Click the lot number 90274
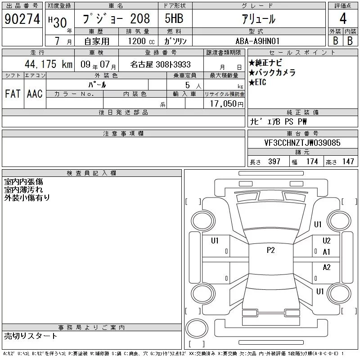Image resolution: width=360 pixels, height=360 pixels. click(22, 19)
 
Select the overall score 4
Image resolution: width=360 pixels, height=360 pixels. click(343, 18)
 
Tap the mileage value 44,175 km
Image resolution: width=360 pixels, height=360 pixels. click(49, 64)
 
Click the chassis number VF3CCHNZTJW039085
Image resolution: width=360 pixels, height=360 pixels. click(302, 143)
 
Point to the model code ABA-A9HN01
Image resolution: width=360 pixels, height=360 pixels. click(257, 41)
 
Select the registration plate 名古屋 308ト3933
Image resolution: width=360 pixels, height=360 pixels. click(160, 64)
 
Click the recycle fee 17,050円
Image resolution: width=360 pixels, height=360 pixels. click(226, 104)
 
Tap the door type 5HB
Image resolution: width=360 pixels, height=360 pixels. click(174, 18)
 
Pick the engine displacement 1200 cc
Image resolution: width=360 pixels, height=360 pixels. click(141, 41)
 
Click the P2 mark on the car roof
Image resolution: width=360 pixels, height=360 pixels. click(271, 250)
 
